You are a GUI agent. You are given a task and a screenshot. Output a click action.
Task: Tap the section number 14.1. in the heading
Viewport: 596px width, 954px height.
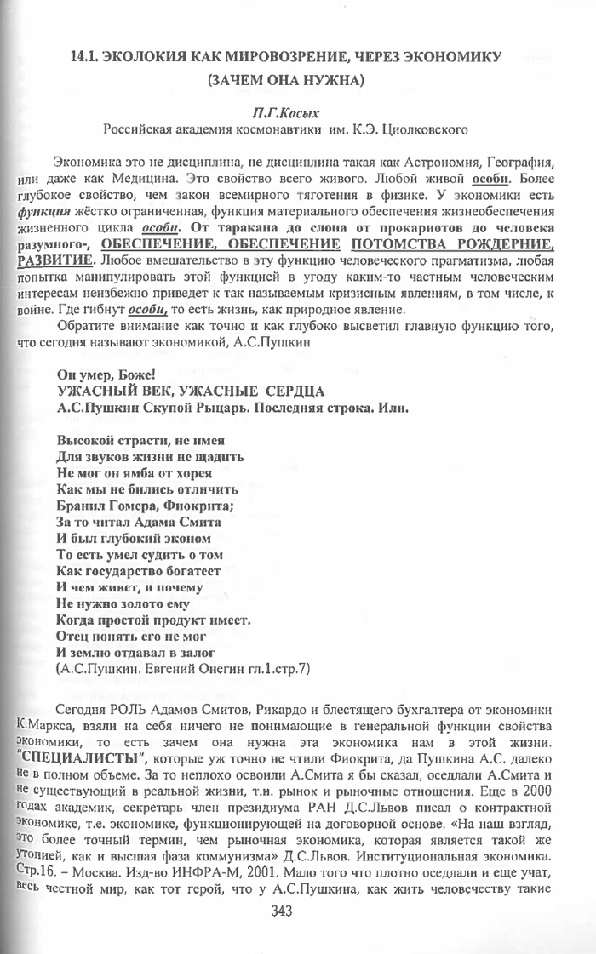point(87,57)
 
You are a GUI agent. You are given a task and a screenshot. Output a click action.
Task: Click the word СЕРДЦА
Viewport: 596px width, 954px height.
point(279,391)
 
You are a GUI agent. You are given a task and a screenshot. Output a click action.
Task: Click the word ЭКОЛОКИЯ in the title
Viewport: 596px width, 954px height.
point(156,57)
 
